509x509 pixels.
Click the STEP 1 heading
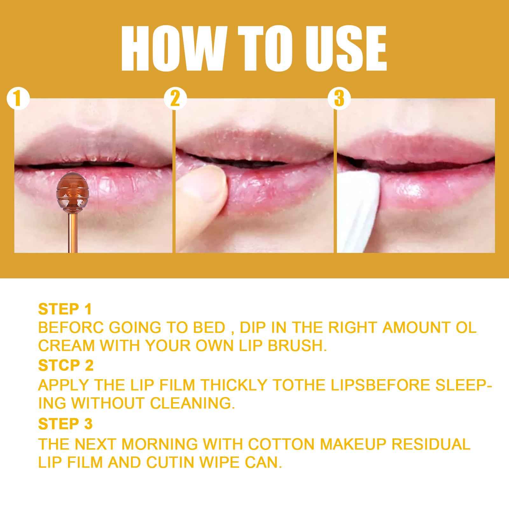[65, 309]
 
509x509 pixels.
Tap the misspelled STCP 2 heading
[66, 366]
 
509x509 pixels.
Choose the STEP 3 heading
[65, 424]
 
